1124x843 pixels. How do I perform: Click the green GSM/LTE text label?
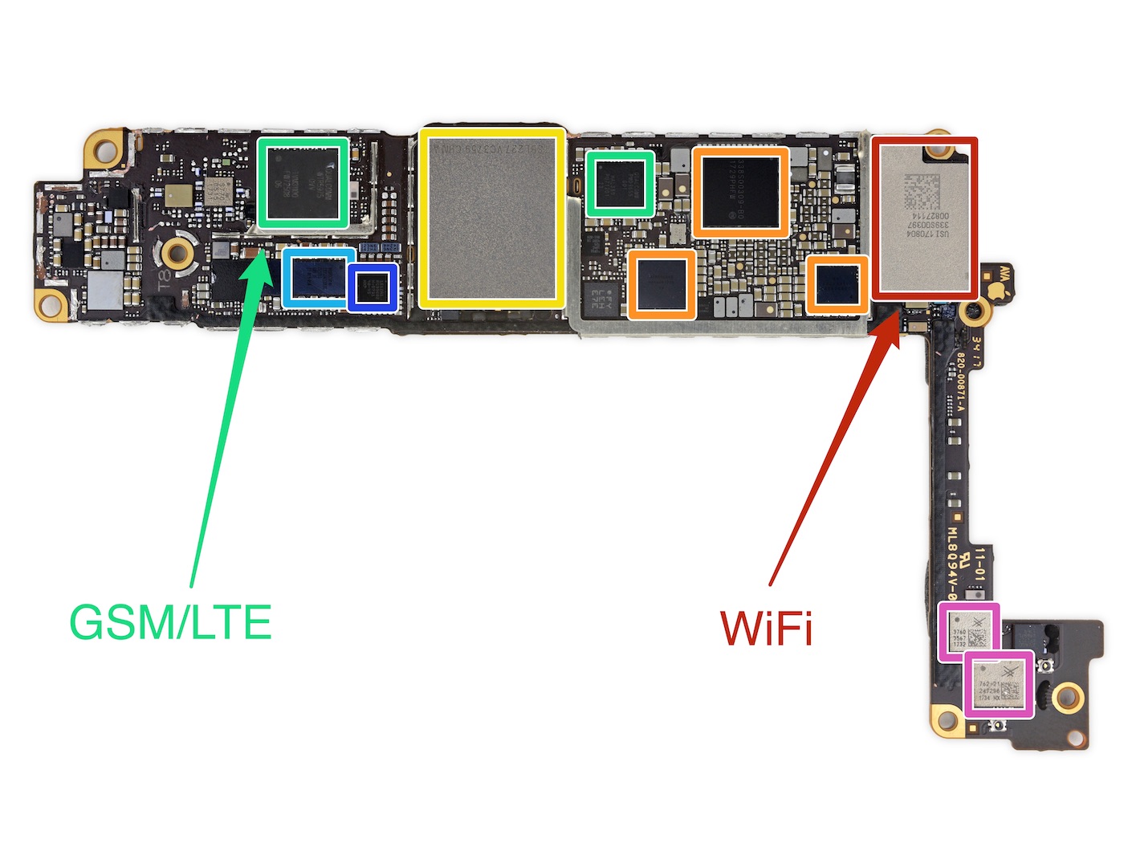[x=171, y=622]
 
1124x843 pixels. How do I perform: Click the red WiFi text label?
[x=767, y=627]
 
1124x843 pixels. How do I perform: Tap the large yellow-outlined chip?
[x=491, y=218]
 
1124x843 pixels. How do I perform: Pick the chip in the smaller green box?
[x=620, y=184]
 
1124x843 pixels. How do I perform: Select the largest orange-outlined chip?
[x=740, y=192]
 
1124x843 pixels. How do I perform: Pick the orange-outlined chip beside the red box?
[x=837, y=283]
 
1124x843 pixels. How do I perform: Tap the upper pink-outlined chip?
[x=969, y=631]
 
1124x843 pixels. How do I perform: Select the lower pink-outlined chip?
[x=998, y=685]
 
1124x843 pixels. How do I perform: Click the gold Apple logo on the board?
[x=997, y=289]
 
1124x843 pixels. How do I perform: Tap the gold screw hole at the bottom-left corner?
[x=51, y=304]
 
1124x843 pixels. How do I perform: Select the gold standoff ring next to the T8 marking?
[x=177, y=254]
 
